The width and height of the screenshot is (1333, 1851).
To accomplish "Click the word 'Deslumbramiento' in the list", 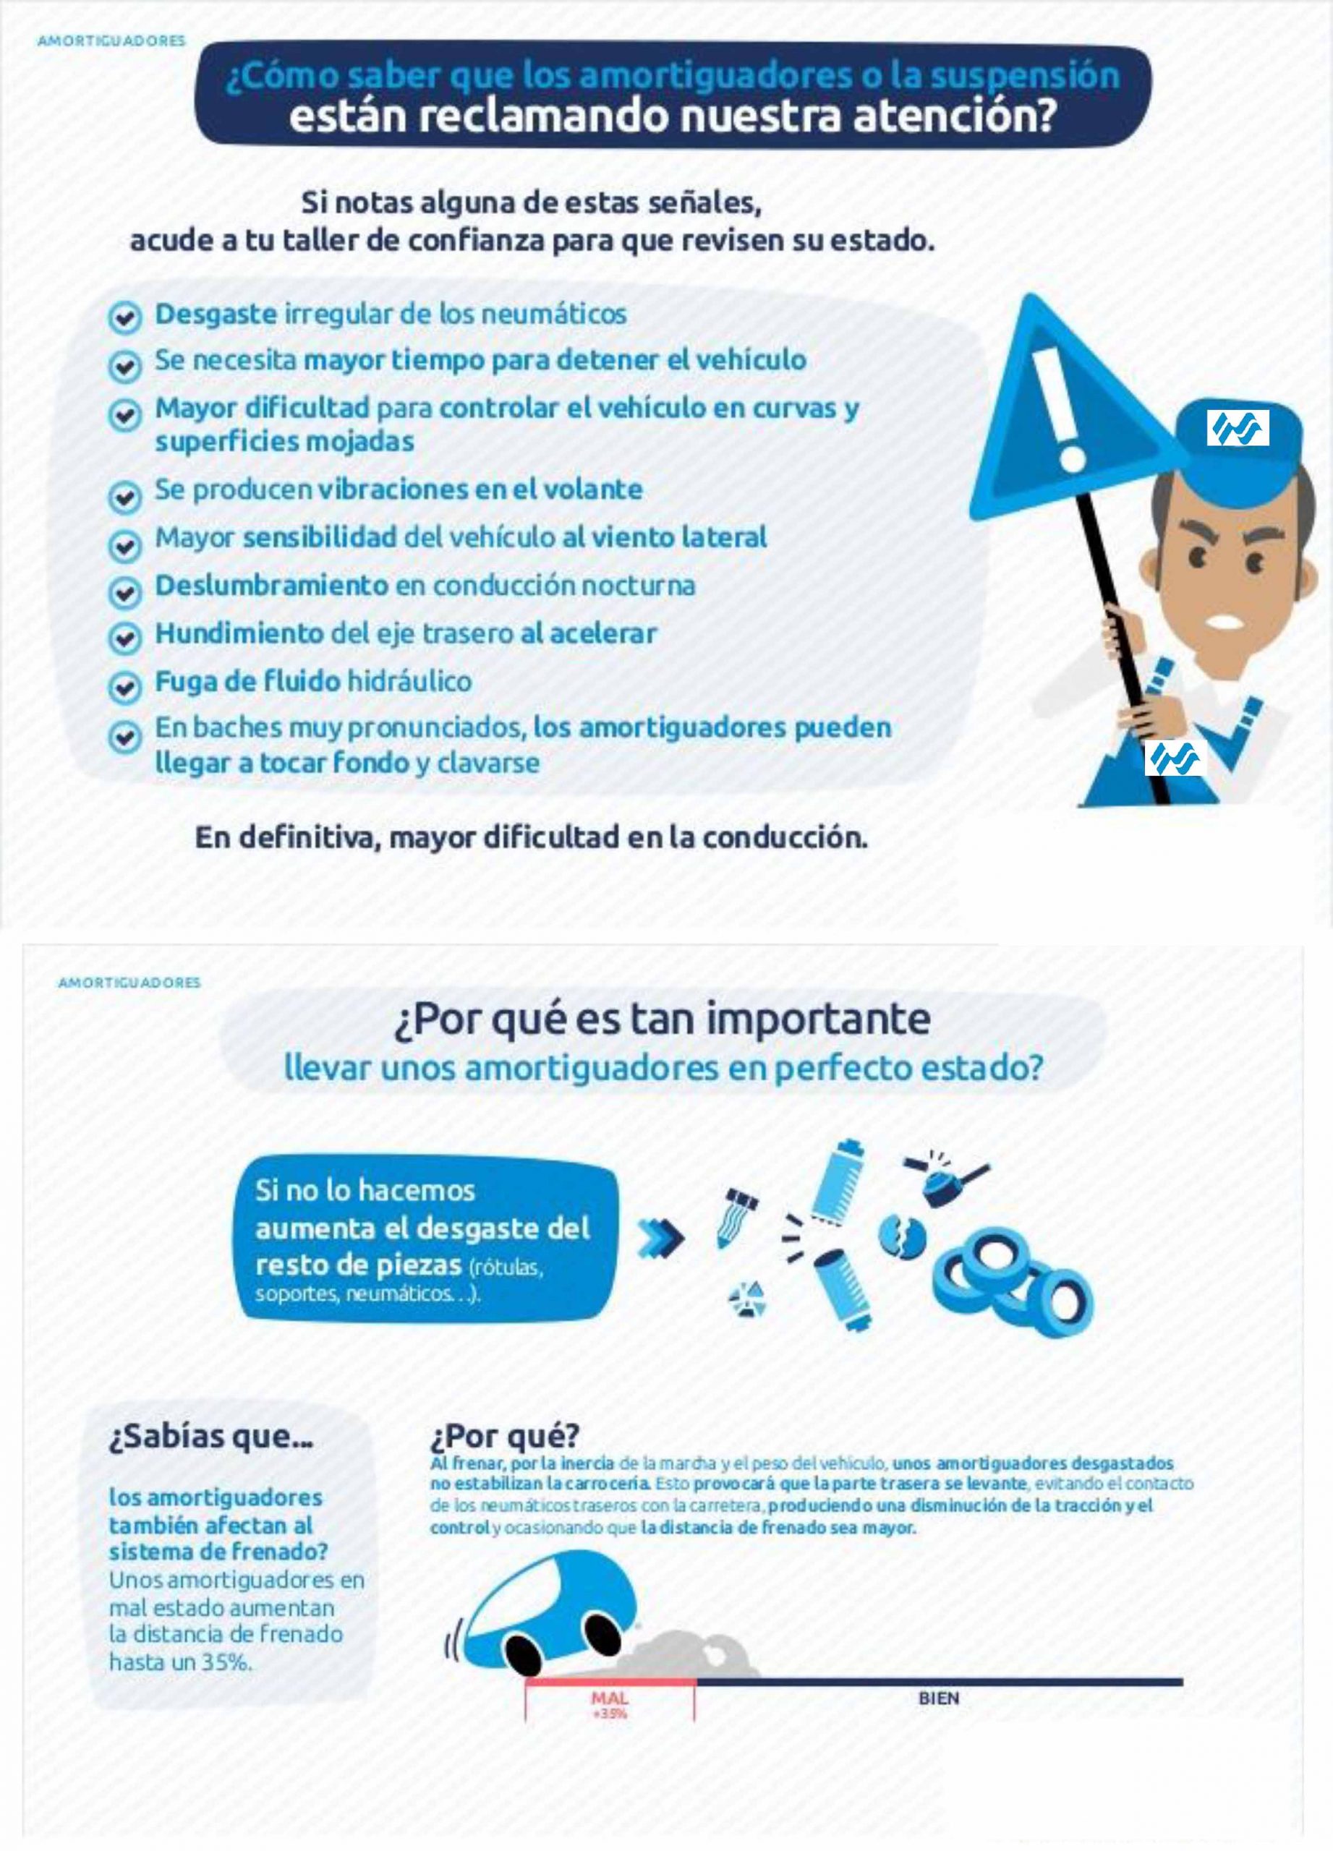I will tap(272, 585).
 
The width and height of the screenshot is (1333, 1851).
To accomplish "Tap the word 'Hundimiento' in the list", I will tap(239, 633).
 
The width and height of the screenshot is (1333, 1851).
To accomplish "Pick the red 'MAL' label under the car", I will tap(609, 1698).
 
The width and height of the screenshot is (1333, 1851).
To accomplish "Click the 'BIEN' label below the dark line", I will tap(939, 1698).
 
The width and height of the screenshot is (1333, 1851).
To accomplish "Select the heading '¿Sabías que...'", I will tap(210, 1437).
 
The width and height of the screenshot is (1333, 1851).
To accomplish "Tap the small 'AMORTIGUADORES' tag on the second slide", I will tap(129, 983).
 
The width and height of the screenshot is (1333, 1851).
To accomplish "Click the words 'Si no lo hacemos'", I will tap(365, 1191).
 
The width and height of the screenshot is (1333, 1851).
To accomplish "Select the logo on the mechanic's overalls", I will tap(1175, 759).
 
